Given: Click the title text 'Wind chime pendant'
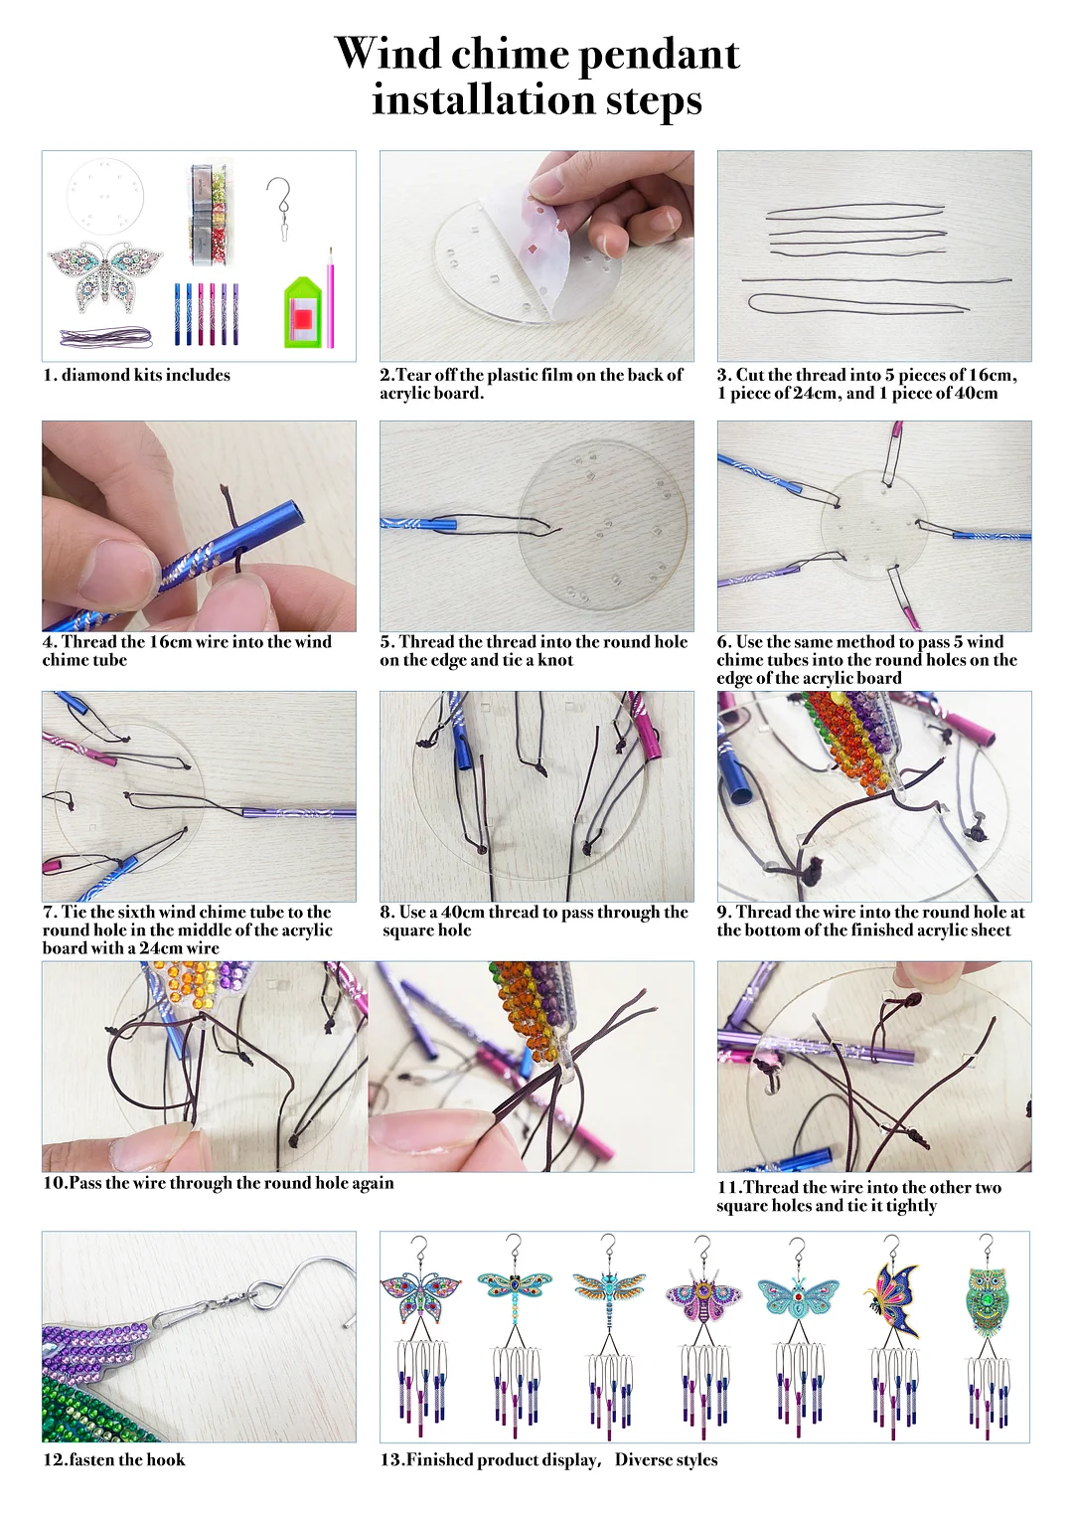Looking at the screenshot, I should tap(536, 54).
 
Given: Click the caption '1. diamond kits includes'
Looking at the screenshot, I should tap(136, 375).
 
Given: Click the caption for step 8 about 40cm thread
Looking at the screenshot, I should tap(534, 921).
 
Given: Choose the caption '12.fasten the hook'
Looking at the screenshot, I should tap(113, 1459).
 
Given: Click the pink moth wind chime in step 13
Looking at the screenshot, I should tap(703, 1332).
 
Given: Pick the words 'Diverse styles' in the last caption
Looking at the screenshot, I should tap(666, 1459).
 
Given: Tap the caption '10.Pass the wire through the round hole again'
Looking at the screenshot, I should tap(219, 1183).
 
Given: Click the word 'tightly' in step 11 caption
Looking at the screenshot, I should tap(911, 1205).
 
